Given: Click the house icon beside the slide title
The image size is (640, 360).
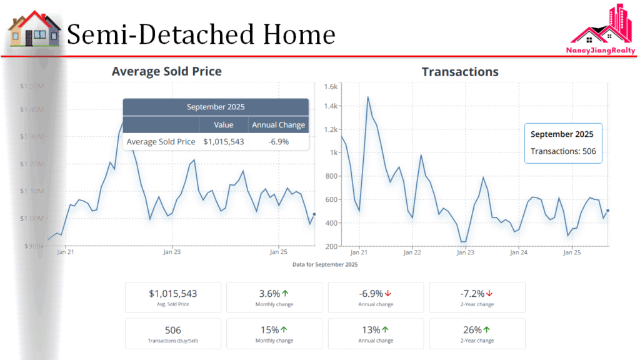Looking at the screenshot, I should pyautogui.click(x=34, y=30).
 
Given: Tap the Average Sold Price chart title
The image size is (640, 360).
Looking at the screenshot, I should pyautogui.click(x=166, y=71).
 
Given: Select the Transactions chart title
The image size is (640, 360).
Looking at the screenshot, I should pyautogui.click(x=460, y=71).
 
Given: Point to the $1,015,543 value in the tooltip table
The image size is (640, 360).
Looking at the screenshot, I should pyautogui.click(x=224, y=142).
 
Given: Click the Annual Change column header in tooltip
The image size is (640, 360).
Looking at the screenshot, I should pyautogui.click(x=279, y=125).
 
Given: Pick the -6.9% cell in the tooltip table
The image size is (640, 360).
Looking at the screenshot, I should pyautogui.click(x=279, y=142).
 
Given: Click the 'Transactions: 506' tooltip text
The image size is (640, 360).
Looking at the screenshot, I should pyautogui.click(x=563, y=151).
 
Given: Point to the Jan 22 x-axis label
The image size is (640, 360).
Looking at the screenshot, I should pyautogui.click(x=412, y=253).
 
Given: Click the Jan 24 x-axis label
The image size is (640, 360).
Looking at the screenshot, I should pyautogui.click(x=519, y=253).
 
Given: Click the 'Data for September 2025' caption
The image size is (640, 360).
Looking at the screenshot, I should pyautogui.click(x=325, y=265).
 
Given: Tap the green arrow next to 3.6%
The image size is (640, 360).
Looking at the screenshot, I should pyautogui.click(x=285, y=293).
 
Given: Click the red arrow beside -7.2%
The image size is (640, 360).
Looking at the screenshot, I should pyautogui.click(x=489, y=293).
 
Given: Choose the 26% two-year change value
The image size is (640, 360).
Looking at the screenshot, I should pyautogui.click(x=472, y=329).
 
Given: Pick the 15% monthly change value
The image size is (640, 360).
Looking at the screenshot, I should pyautogui.click(x=270, y=329).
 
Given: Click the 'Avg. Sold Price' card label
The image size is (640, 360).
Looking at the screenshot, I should pyautogui.click(x=173, y=304).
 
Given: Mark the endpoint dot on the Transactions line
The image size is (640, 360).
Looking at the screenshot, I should pyautogui.click(x=607, y=211).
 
